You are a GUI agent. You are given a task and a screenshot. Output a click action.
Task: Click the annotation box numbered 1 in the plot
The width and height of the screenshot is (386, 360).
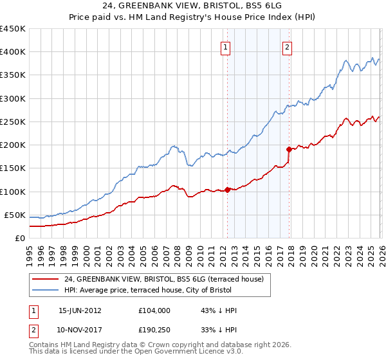click(226, 46)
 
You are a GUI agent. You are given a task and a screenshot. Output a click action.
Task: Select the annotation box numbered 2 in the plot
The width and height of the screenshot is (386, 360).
click(286, 46)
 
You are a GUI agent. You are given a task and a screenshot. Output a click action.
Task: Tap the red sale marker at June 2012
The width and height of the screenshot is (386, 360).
click(228, 190)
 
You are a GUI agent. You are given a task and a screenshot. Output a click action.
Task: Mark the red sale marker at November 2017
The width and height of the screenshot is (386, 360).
click(289, 149)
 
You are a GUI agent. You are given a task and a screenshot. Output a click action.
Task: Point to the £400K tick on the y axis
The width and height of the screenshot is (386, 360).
click(13, 52)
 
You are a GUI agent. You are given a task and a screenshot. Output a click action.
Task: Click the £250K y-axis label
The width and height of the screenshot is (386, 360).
click(13, 122)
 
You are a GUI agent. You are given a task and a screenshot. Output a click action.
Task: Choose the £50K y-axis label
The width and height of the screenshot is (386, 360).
click(15, 215)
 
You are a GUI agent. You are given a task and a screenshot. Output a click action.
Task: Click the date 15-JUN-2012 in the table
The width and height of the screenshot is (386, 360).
click(80, 310)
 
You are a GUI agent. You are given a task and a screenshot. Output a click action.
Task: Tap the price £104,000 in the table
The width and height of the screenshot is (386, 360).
click(154, 310)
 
